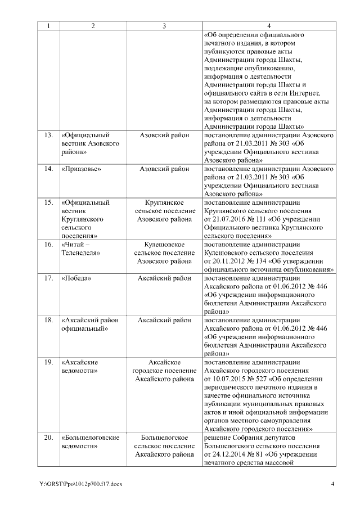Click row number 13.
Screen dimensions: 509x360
click(x=48, y=136)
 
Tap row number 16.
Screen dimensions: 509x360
click(x=48, y=245)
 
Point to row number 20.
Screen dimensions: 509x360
click(x=48, y=437)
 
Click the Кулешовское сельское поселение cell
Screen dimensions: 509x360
click(x=164, y=253)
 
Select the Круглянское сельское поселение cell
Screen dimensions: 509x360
click(x=164, y=211)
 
